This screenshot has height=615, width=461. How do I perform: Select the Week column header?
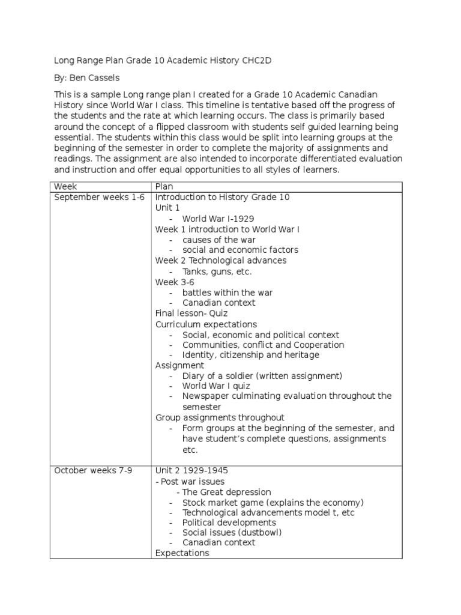coord(66,187)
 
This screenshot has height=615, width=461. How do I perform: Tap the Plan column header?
coord(164,187)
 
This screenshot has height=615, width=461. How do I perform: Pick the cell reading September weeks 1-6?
coord(100,197)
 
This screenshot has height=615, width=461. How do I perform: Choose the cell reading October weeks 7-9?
coord(93,470)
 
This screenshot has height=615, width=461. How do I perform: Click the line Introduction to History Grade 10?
coord(223,197)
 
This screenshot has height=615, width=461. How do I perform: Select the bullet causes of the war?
coord(219,240)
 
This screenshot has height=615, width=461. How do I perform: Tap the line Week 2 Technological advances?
coord(221,261)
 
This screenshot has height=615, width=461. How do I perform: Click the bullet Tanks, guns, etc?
coord(217,271)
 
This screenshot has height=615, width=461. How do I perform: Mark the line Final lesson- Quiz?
coord(191,314)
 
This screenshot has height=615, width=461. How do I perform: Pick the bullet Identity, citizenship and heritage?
coord(251,355)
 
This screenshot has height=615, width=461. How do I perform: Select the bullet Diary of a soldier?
coord(262,376)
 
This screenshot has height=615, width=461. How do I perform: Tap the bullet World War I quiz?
coord(217,386)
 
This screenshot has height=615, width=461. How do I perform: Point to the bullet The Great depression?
coord(227,492)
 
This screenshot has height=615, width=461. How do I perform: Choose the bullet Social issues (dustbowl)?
coord(232,532)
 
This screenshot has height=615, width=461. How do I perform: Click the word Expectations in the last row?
coord(182,553)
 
